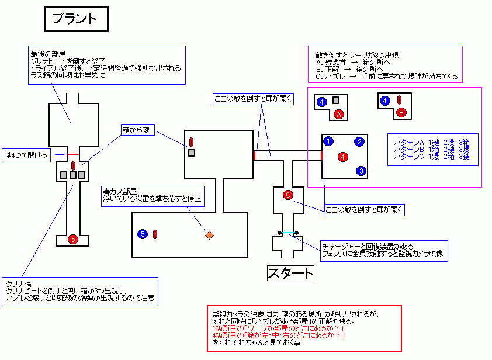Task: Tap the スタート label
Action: (290, 273)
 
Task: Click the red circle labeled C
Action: (287, 195)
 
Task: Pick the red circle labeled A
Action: (339, 115)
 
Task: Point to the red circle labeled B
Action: (401, 112)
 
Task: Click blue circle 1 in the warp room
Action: (328, 141)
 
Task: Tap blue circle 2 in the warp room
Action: (360, 141)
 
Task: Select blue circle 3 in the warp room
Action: (362, 171)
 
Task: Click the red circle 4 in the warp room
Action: (343, 156)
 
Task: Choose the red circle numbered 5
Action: (72, 239)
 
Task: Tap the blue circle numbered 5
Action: (143, 234)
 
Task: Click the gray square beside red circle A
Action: (336, 101)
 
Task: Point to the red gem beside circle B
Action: (399, 99)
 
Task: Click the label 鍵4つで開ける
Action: (26, 155)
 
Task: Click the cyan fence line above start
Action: (288, 233)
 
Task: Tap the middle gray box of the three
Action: (73, 175)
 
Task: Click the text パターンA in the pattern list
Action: (408, 142)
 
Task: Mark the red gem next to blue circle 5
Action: (155, 234)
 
